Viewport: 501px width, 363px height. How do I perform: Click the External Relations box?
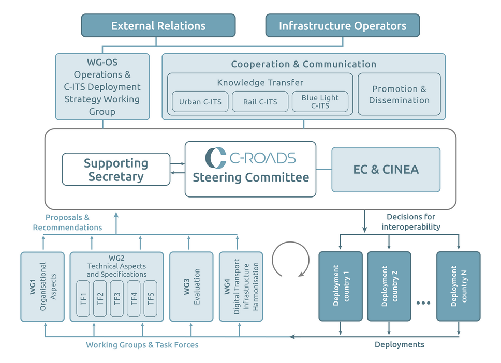click(158, 25)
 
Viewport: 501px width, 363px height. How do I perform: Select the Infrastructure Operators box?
click(342, 25)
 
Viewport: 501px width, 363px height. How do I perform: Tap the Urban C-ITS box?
click(200, 101)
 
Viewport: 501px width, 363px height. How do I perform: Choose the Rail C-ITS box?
click(260, 101)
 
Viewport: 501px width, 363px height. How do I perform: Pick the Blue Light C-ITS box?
click(320, 101)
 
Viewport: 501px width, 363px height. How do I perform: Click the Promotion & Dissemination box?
click(399, 94)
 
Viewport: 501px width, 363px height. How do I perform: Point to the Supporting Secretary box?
click(116, 169)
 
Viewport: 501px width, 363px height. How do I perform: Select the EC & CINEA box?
click(386, 169)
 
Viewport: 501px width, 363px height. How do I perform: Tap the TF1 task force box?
click(84, 298)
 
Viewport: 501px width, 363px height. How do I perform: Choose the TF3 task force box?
click(117, 298)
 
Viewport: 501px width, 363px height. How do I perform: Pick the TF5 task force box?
click(150, 298)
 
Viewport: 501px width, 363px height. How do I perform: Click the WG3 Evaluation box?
click(191, 286)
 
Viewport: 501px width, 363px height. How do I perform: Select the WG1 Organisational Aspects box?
click(42, 286)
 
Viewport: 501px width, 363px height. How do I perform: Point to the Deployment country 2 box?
click(389, 286)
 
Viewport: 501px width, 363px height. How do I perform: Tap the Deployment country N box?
click(458, 286)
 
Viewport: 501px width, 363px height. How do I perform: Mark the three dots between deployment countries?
click(423, 303)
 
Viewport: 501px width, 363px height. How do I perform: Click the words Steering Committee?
click(250, 177)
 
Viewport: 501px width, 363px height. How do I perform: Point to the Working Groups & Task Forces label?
click(142, 345)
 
